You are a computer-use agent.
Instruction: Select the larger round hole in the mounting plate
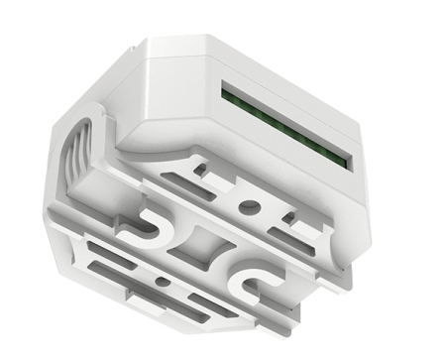coord(249,207)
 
